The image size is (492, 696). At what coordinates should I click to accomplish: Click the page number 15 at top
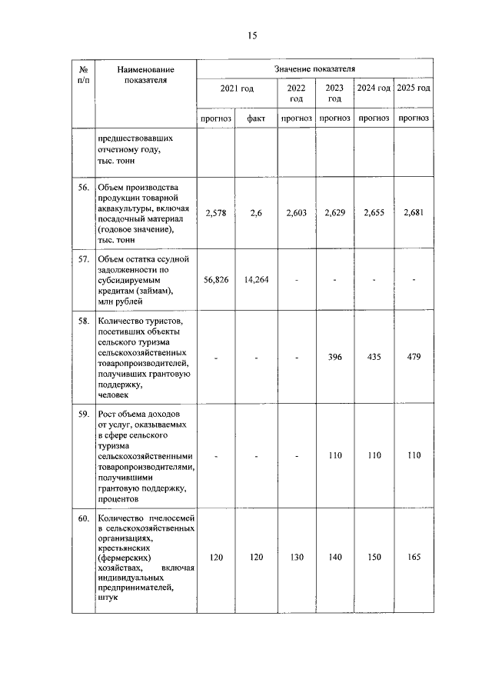(251, 35)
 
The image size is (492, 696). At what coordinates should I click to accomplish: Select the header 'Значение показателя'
(314, 70)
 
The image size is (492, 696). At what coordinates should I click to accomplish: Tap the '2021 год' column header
(236, 89)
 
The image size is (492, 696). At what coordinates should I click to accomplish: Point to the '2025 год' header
(414, 89)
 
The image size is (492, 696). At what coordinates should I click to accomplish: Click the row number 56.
(83, 188)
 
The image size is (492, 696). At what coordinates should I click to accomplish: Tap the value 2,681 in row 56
(414, 215)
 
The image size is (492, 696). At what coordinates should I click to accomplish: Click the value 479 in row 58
(414, 358)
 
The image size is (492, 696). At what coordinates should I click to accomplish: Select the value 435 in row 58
(374, 358)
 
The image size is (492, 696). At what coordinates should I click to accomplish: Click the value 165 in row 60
(414, 558)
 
